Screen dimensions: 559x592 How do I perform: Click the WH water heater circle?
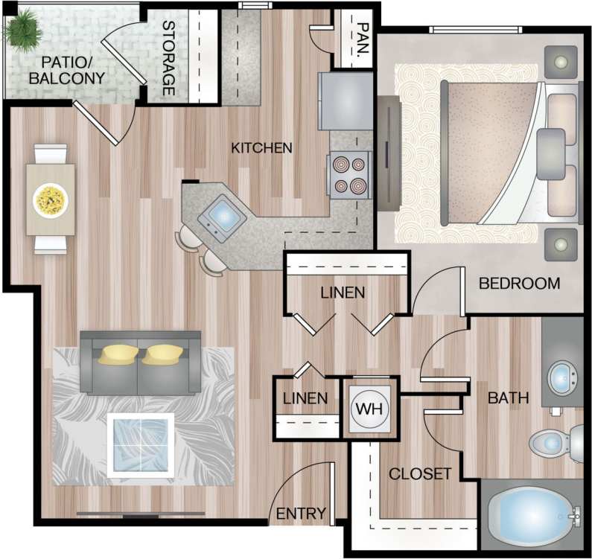[370, 410]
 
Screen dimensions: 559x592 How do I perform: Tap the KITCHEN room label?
[261, 147]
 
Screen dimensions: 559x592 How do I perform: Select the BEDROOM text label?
[518, 284]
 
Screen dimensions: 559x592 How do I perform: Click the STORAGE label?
[168, 58]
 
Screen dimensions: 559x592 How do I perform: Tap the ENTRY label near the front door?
[301, 513]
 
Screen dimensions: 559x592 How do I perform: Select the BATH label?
[508, 398]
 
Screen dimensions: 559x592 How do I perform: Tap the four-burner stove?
[350, 175]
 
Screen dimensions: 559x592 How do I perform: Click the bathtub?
[532, 516]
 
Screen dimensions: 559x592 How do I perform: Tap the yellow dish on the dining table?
[51, 199]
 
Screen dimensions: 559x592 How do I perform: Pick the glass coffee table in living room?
[141, 444]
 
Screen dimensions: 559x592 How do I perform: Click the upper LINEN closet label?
[343, 293]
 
